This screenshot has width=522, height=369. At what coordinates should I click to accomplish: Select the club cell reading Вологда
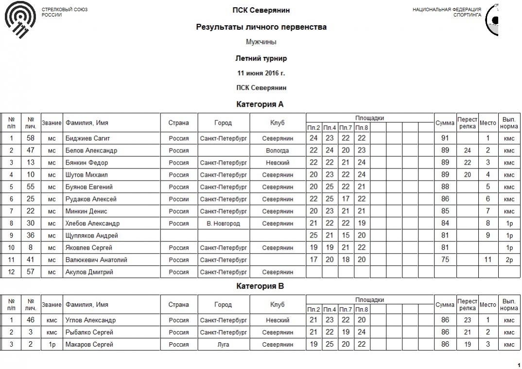(x=277, y=150)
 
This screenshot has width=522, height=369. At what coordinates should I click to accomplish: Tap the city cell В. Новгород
(x=223, y=223)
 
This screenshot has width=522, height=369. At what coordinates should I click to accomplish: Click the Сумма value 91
(x=445, y=138)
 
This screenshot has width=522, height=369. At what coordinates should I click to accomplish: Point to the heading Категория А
(x=260, y=104)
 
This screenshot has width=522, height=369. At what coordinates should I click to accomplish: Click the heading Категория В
(x=260, y=286)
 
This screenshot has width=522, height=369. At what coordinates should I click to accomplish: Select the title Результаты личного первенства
(x=261, y=27)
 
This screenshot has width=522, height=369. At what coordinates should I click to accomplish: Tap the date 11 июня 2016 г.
(x=261, y=73)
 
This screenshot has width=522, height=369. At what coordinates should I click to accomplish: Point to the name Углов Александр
(x=90, y=320)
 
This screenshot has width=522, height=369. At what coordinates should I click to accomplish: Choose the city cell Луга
(x=223, y=345)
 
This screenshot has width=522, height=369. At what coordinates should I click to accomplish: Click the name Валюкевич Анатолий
(x=96, y=260)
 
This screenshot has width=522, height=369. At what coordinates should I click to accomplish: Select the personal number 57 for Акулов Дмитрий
(x=31, y=272)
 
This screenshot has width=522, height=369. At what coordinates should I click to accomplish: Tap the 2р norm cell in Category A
(x=509, y=260)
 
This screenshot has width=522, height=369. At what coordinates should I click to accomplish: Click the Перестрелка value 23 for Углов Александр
(x=467, y=320)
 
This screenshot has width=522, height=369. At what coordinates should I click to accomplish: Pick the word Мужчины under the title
(x=261, y=42)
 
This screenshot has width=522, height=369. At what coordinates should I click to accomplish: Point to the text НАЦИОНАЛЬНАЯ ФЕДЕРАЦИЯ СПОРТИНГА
(x=447, y=12)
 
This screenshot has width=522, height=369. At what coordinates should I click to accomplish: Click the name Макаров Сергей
(x=89, y=345)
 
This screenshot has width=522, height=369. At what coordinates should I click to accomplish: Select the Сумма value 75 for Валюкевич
(x=445, y=260)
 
